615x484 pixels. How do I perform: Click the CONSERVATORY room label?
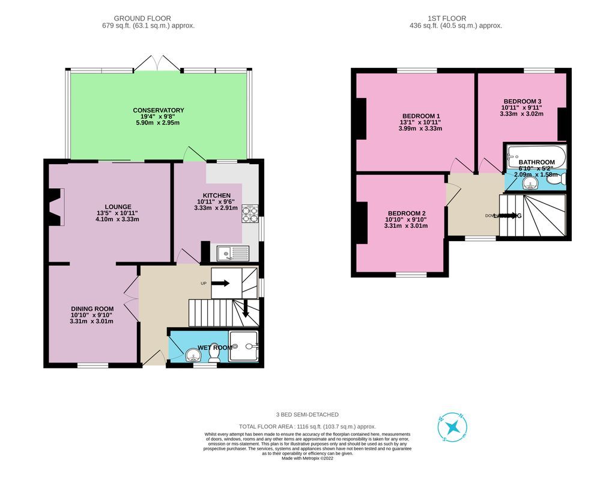point(159,110)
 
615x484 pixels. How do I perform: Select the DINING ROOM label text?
point(91,308)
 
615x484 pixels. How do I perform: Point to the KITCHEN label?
point(216,195)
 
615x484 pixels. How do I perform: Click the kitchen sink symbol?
point(232,254)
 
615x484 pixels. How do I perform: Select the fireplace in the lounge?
point(56,207)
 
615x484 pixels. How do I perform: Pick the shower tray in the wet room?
point(244,346)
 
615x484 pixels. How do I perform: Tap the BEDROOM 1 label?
point(421,116)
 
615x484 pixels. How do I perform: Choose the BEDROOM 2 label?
point(407,213)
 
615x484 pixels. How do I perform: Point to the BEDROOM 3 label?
point(522,101)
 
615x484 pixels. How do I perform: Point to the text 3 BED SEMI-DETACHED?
point(307,414)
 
